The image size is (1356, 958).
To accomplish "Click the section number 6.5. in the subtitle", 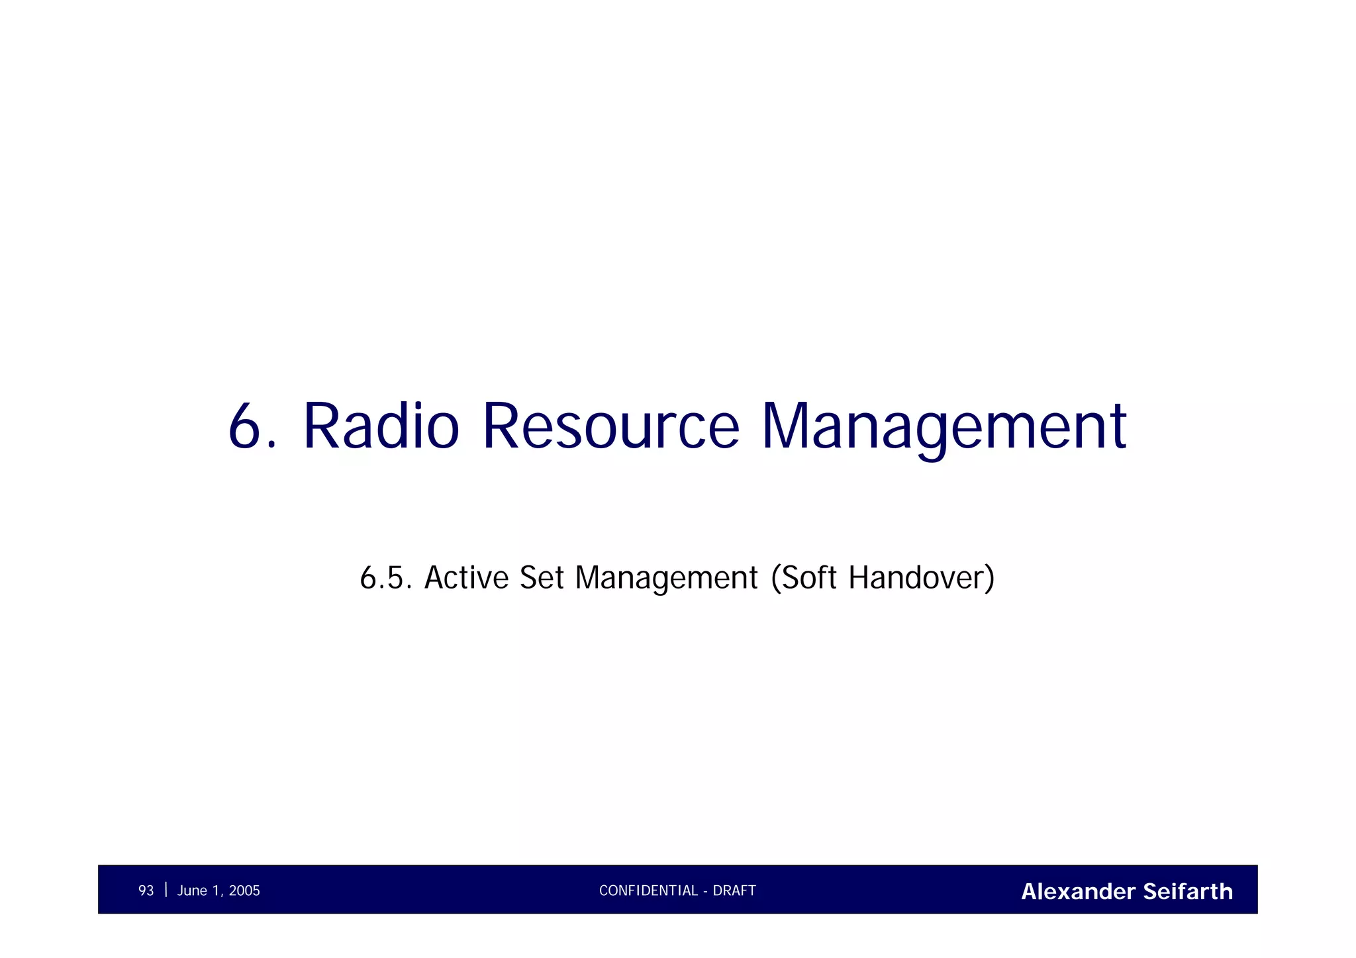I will pyautogui.click(x=387, y=577).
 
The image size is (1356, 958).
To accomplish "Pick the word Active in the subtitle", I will pyautogui.click(x=466, y=577).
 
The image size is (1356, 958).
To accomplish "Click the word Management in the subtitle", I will pyautogui.click(x=666, y=577).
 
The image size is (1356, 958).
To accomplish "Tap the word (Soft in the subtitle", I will pyautogui.click(x=804, y=577).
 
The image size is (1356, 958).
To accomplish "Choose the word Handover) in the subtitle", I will pyautogui.click(x=921, y=577).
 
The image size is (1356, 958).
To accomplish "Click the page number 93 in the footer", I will pyautogui.click(x=146, y=890).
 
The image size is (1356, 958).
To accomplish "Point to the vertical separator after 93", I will pyautogui.click(x=166, y=889).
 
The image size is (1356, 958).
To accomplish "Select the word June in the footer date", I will pyautogui.click(x=192, y=890).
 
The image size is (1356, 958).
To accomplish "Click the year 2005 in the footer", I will pyautogui.click(x=244, y=890).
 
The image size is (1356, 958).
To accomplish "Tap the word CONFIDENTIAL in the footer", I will pyautogui.click(x=648, y=890).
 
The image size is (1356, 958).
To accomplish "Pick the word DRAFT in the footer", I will pyautogui.click(x=734, y=890).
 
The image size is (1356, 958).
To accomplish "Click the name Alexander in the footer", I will pyautogui.click(x=1078, y=891).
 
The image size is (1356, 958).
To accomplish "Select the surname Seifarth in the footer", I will pyautogui.click(x=1188, y=891).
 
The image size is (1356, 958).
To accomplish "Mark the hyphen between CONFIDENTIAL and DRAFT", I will pyautogui.click(x=706, y=891).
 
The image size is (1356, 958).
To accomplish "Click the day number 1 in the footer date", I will pyautogui.click(x=216, y=890).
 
